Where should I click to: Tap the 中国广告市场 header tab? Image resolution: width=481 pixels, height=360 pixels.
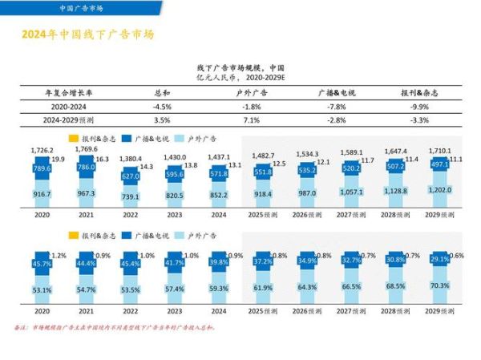(81, 9)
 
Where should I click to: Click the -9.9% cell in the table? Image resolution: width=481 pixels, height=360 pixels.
(419, 106)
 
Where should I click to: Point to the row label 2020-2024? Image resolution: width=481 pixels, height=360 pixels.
(69, 106)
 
